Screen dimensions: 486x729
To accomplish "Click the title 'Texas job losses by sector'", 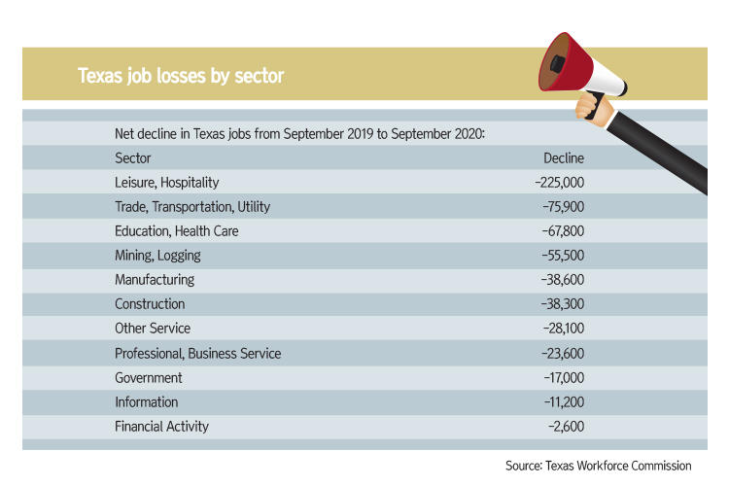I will [181, 75].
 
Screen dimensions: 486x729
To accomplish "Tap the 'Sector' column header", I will [133, 157].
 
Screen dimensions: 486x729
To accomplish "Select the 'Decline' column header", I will [564, 157].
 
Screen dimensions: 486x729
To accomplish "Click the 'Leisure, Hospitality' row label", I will [167, 182].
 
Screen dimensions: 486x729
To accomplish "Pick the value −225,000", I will [559, 182].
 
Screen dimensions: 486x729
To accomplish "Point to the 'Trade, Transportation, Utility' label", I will [192, 206].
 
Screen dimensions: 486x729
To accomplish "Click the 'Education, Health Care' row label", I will [176, 230].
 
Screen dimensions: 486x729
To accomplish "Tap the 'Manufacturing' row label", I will [155, 279].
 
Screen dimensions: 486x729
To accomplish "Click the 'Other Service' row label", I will [153, 329].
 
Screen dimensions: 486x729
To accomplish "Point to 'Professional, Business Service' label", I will [197, 353].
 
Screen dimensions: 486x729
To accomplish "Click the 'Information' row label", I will [147, 401].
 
